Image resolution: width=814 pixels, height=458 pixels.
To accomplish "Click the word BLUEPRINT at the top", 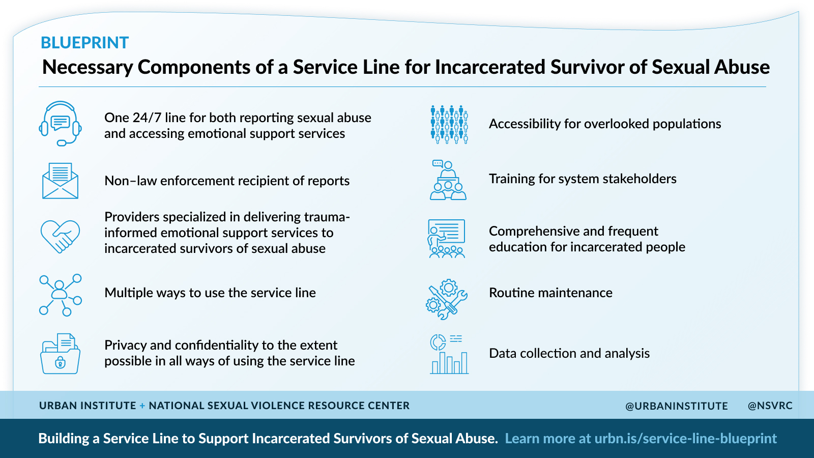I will (x=84, y=43).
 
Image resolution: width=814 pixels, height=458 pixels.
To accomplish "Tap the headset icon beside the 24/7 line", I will (x=60, y=124).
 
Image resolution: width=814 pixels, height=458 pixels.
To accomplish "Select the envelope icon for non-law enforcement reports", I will (x=60, y=181).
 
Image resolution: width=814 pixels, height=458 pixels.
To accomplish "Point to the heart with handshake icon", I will (x=60, y=236).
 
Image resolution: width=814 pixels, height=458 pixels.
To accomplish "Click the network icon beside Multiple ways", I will (x=60, y=295).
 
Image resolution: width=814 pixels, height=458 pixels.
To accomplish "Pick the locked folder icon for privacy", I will (x=60, y=354).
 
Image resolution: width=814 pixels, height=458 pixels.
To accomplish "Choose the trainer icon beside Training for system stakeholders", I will (x=448, y=180).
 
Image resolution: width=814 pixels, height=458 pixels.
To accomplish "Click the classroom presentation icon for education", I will (x=447, y=239).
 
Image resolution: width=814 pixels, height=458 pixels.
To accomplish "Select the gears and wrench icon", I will (x=446, y=299).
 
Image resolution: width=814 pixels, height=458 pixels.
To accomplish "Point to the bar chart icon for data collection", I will (x=449, y=355).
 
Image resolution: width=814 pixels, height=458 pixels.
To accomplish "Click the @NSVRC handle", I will (x=770, y=406).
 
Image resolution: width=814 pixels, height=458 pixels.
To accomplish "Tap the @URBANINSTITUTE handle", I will (x=676, y=406).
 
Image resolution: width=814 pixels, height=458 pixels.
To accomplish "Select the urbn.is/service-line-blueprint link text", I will (x=685, y=439).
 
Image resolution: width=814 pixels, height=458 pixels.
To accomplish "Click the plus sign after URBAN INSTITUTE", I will (x=142, y=406).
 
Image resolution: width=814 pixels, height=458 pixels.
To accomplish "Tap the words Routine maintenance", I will (x=550, y=293).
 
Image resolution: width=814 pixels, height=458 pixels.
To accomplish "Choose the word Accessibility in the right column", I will (x=525, y=124).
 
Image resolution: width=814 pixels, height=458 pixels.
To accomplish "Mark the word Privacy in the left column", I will (x=125, y=345).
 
